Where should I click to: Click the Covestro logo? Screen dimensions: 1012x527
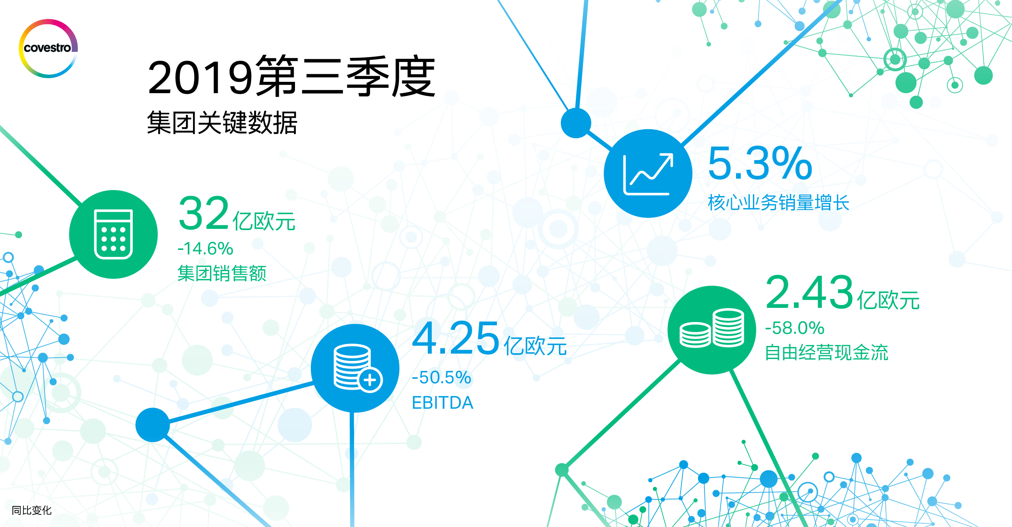48,48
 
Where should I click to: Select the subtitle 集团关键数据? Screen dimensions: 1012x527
222,122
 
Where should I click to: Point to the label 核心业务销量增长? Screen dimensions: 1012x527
779,203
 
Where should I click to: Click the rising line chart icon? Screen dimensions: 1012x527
648,174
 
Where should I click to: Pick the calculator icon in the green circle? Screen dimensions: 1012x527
113,234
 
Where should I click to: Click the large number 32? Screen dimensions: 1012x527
204,213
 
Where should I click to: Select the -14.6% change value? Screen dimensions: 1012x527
206,248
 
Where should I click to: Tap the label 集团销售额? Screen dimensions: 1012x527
222,273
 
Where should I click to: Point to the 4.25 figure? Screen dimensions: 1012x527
456,338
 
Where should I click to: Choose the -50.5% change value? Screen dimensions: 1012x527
441,378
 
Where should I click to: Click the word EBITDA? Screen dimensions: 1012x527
443,403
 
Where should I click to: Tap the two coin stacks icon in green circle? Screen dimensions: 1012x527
712,328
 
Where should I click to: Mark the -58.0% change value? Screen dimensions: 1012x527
795,328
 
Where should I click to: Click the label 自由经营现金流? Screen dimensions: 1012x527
826,352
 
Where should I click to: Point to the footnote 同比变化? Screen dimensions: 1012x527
32,510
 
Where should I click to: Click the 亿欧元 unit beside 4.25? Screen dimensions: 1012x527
535,346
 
